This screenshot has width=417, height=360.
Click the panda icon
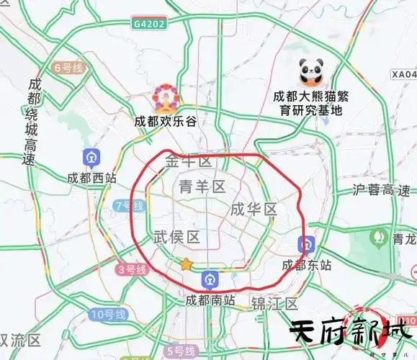pyautogui.click(x=311, y=71)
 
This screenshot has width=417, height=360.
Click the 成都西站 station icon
pyautogui.click(x=91, y=158)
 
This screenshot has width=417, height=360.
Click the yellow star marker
pyautogui.click(x=187, y=264)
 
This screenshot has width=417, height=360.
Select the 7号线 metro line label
pyautogui.click(x=130, y=206)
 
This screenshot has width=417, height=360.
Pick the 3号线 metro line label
pyautogui.click(x=132, y=270)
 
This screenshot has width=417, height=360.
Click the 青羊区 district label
pyautogui.click(x=202, y=187)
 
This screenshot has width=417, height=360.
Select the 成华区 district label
pyautogui.click(x=254, y=210)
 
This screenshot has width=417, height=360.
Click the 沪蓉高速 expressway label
pyautogui.click(x=382, y=190)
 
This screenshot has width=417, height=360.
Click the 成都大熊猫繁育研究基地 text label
pyautogui.click(x=310, y=103)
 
